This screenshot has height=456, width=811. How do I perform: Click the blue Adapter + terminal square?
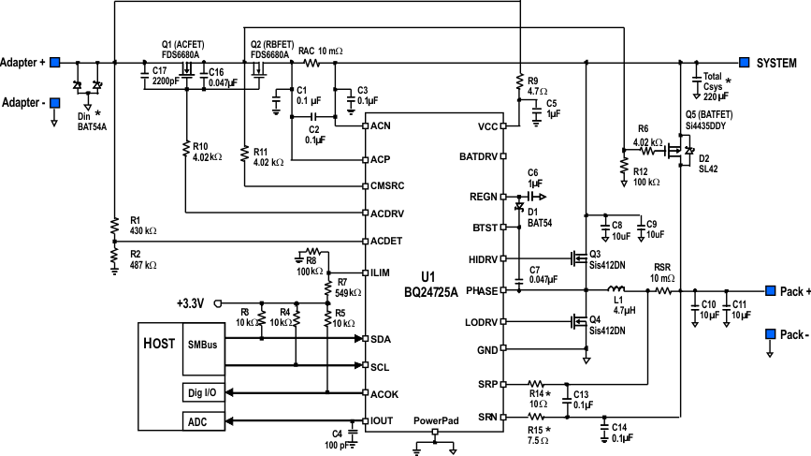pos(55,63)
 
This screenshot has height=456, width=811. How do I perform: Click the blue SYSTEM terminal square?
pos(745,63)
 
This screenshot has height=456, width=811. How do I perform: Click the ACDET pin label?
pos(385,241)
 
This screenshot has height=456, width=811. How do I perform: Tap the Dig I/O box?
pos(202,393)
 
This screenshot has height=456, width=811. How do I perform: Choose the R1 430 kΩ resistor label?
pos(139,225)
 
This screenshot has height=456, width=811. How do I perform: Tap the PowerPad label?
pos(436,421)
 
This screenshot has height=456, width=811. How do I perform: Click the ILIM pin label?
pos(380,272)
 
